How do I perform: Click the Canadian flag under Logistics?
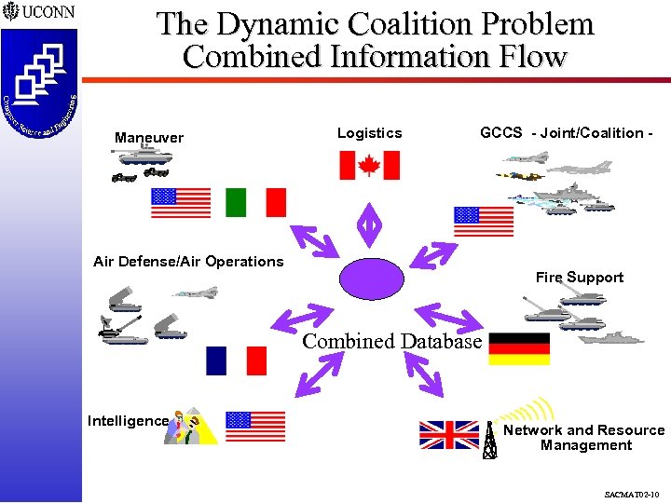tap(368, 165)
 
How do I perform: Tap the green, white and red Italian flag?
tap(255, 202)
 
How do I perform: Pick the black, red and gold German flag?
tap(519, 348)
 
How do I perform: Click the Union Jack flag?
tap(448, 435)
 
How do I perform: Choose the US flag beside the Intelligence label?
tap(255, 426)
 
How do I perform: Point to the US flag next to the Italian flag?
tap(181, 202)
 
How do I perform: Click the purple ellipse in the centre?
tap(373, 278)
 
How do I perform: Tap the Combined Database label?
tap(391, 341)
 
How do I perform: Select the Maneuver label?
tap(149, 138)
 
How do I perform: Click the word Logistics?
tap(369, 133)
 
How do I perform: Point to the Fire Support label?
tap(579, 278)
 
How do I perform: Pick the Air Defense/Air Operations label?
tap(188, 262)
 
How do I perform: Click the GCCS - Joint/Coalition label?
tap(565, 133)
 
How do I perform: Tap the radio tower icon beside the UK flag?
tap(489, 440)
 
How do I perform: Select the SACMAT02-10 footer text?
tap(630, 494)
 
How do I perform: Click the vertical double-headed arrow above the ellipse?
tap(370, 224)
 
